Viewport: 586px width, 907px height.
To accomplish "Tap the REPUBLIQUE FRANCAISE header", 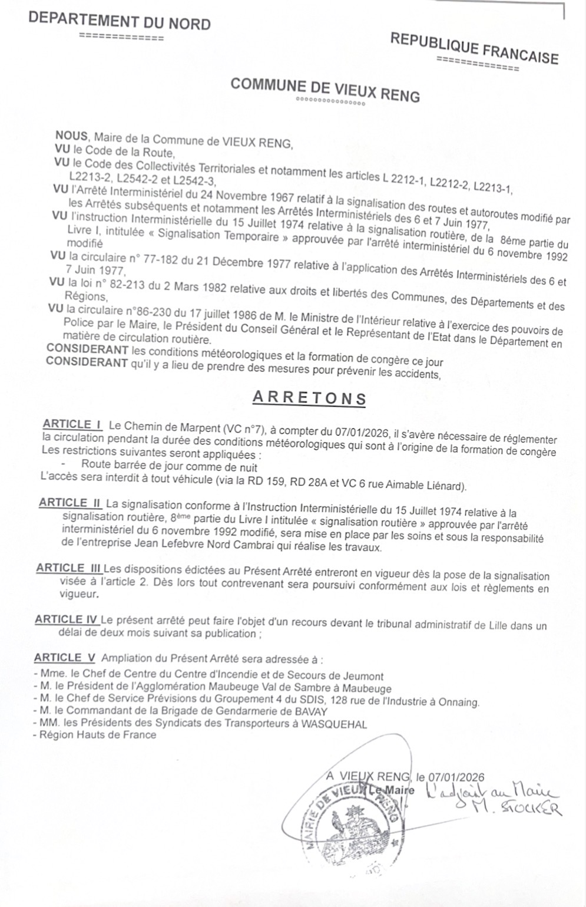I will pyautogui.click(x=474, y=48).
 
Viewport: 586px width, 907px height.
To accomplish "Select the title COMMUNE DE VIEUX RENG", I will pyautogui.click(x=325, y=89).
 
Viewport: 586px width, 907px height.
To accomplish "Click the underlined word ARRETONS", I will pyautogui.click(x=309, y=398).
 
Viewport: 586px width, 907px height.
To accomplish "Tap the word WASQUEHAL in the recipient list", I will pyautogui.click(x=334, y=724).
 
